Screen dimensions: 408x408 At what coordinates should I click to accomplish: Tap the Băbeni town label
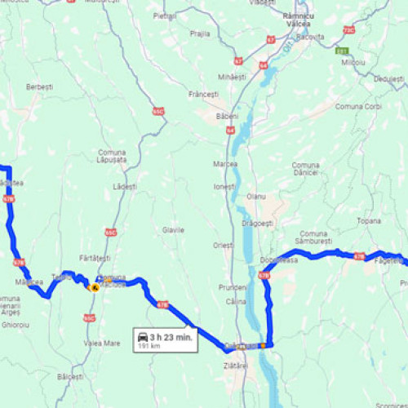point(227,116)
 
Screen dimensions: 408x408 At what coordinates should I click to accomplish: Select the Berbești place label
point(40,86)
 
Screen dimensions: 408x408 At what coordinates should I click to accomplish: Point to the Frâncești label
point(204,95)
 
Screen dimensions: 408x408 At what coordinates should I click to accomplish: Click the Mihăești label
point(232,76)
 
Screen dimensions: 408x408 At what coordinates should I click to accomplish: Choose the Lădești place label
point(126,186)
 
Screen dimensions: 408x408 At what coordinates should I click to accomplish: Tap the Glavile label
point(173,230)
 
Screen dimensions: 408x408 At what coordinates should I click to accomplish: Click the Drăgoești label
point(258,223)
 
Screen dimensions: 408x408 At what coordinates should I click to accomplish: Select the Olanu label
point(257,197)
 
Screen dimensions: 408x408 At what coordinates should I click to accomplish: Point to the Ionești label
point(224,186)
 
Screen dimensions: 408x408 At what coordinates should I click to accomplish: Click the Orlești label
point(224,245)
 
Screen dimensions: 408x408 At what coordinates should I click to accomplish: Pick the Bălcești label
point(70,376)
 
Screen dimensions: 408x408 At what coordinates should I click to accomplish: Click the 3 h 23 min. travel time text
point(171,336)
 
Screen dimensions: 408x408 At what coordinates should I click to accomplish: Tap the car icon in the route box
point(143,337)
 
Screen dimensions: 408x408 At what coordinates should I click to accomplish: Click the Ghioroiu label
point(16,324)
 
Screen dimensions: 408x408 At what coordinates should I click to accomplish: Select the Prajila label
point(199,33)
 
